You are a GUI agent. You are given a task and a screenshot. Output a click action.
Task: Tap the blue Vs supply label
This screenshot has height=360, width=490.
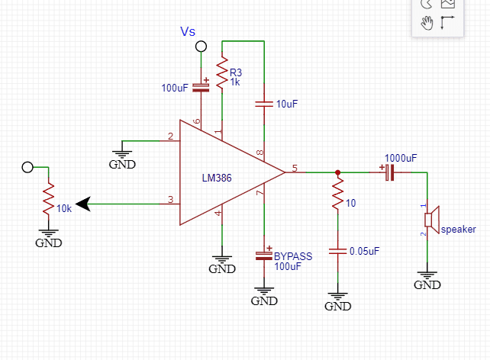pyautogui.click(x=188, y=31)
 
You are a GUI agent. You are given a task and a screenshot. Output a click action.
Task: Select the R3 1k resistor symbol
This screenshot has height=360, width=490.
pyautogui.click(x=221, y=74)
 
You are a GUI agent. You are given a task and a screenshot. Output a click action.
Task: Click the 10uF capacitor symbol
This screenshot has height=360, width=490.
pyautogui.click(x=263, y=102)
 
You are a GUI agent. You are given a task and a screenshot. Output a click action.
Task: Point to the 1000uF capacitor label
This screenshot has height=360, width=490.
pyautogui.click(x=400, y=158)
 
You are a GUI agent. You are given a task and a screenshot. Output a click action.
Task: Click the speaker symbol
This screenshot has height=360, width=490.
pyautogui.click(x=432, y=220)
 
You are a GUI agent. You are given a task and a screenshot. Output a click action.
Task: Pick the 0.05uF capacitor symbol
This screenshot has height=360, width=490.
pyautogui.click(x=337, y=250)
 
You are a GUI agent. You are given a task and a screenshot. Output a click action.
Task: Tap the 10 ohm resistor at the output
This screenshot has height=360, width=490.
pyautogui.click(x=337, y=195)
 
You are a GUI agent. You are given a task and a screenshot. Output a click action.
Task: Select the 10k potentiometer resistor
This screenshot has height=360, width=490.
pyautogui.click(x=48, y=198)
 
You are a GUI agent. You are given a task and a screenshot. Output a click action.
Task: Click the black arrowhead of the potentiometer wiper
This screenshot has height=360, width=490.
pyautogui.click(x=83, y=204)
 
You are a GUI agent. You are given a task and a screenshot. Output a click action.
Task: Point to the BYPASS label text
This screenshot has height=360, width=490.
pyautogui.click(x=292, y=256)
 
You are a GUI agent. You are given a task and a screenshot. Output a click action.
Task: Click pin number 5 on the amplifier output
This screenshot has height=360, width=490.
pyautogui.click(x=295, y=167)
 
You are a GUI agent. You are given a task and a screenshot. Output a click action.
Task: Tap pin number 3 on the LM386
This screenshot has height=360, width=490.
pyautogui.click(x=170, y=200)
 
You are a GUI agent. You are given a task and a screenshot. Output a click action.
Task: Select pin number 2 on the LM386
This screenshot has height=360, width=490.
pyautogui.click(x=169, y=137)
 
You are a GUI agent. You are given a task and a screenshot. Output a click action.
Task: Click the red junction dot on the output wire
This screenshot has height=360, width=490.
pyautogui.click(x=337, y=173)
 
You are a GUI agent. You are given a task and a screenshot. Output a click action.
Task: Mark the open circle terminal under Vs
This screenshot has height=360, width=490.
pyautogui.click(x=201, y=47)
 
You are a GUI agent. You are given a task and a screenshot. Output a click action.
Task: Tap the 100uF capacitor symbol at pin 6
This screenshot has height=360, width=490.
pyautogui.click(x=201, y=86)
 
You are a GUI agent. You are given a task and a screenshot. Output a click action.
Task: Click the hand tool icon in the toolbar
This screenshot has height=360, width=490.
pyautogui.click(x=427, y=22)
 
